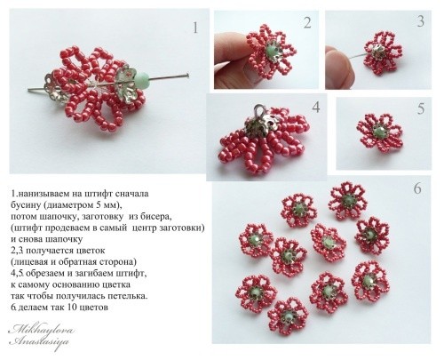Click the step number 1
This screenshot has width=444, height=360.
tap(195, 28)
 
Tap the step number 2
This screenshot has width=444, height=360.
tap(306, 23)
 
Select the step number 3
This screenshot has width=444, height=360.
tap(420, 20)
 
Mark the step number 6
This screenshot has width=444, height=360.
tap(416, 188)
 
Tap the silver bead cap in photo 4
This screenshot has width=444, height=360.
tap(258, 125)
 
